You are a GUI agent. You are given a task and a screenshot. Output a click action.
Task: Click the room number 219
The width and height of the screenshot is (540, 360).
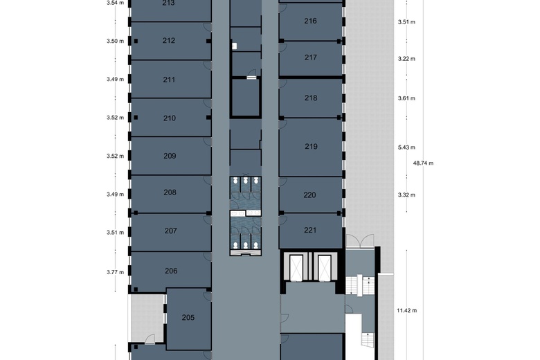pos(311,147)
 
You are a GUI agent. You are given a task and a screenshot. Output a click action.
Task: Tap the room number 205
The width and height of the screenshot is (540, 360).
pos(188,318)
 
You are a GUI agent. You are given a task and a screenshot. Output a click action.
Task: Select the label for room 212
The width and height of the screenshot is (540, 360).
pos(169,41)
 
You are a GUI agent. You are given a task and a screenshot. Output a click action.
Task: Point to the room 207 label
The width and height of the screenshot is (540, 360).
pos(171,231)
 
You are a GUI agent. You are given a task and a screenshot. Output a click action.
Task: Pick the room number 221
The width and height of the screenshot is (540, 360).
pos(310,230)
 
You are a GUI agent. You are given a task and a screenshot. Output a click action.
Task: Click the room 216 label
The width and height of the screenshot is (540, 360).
pos(311,21)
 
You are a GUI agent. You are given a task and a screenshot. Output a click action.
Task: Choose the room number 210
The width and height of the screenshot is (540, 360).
pos(170,118)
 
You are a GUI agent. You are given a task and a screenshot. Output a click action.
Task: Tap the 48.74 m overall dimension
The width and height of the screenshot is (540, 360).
pos(422,163)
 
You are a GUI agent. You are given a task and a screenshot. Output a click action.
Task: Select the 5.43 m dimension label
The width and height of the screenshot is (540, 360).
pos(406,147)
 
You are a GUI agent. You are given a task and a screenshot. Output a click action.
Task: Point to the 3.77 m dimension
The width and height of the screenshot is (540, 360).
pos(115,272)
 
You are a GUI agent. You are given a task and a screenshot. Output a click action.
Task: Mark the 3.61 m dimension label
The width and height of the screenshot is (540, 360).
pos(406,98)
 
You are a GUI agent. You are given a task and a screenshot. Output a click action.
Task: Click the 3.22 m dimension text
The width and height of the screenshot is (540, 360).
pos(406,59)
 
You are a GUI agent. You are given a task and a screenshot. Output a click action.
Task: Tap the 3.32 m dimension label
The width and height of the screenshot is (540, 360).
pos(406,195)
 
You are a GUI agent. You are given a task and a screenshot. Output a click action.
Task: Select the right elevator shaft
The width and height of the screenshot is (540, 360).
pos(323,267)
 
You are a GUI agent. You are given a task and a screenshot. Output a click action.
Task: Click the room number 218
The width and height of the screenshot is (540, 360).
pos(311,98)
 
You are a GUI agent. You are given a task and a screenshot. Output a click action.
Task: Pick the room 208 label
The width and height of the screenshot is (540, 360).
pos(170,192)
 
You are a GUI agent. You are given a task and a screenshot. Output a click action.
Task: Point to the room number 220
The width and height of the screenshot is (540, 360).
pos(310,195)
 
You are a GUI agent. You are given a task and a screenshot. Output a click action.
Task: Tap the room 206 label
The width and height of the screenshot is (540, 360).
pos(171,271)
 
